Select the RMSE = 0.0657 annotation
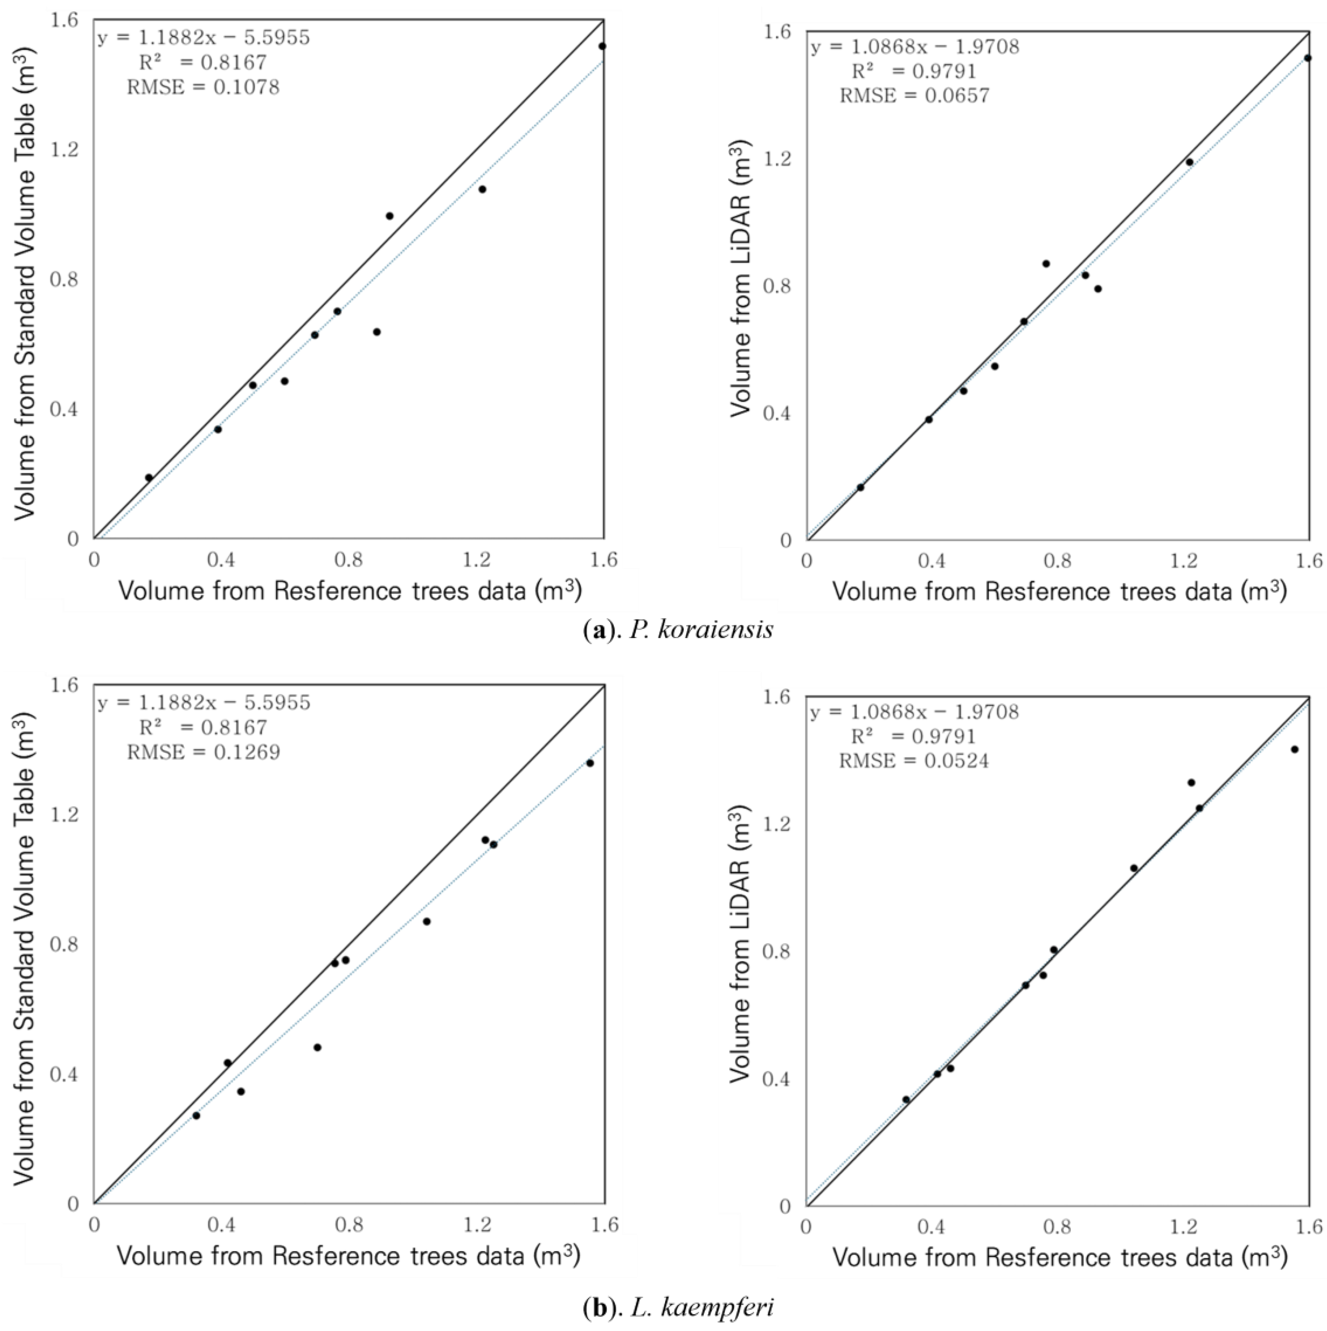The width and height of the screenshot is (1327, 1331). pyautogui.click(x=914, y=96)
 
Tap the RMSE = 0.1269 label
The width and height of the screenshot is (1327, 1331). pyautogui.click(x=203, y=752)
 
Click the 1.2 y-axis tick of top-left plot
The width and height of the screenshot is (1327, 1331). pyautogui.click(x=64, y=150)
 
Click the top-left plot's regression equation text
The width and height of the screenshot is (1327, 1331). pyautogui.click(x=204, y=37)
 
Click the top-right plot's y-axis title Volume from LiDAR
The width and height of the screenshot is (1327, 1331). pyautogui.click(x=741, y=279)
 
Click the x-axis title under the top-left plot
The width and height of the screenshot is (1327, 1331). pyautogui.click(x=350, y=591)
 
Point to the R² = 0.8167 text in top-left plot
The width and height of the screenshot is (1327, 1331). pyautogui.click(x=203, y=63)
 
